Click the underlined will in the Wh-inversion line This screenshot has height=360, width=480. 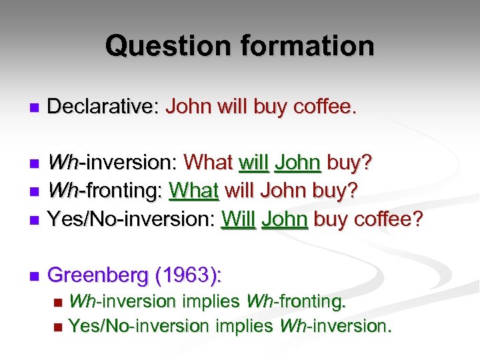tap(253, 163)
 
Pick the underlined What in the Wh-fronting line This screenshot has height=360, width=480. tap(194, 191)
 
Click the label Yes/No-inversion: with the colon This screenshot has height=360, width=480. tap(131, 219)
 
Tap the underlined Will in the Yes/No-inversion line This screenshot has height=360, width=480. tap(238, 219)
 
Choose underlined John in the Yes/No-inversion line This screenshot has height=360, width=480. tap(285, 219)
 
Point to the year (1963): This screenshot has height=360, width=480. tap(189, 275)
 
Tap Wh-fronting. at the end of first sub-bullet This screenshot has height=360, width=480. tap(296, 302)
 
